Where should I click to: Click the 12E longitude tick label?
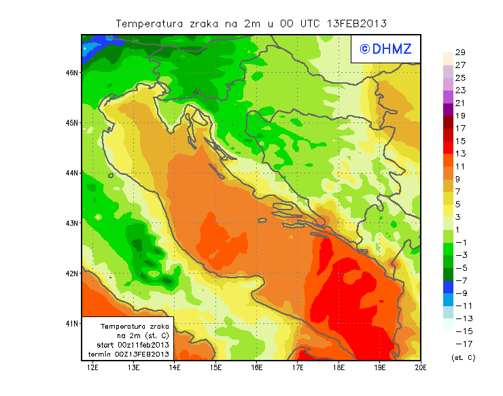[93, 367]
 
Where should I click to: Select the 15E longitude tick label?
[216, 367]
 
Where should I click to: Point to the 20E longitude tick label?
[421, 367]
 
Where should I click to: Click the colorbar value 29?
[460, 52]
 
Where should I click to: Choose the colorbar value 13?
[460, 154]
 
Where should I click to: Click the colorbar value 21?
[460, 103]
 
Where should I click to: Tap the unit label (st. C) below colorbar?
[464, 357]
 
